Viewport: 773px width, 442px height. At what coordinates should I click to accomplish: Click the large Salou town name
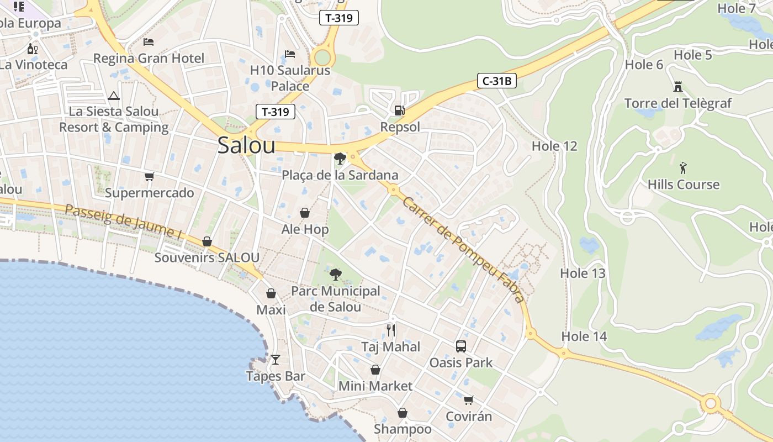pos(246,145)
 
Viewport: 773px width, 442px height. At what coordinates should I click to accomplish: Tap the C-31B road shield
pos(496,81)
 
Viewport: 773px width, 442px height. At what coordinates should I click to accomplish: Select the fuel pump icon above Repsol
pos(399,110)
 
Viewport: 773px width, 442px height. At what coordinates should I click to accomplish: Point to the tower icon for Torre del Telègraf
pos(678,87)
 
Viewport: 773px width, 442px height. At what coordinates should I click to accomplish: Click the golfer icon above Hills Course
pos(684,168)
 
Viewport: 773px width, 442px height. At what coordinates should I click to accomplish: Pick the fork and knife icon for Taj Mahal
pos(391,330)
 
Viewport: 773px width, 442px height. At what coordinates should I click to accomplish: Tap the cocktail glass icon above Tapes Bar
pos(276,360)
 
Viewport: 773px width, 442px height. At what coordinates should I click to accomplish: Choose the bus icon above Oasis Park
pos(461,346)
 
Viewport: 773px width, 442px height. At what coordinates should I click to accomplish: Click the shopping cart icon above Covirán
pos(468,399)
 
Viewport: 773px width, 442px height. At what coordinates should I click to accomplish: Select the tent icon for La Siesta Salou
pos(114,96)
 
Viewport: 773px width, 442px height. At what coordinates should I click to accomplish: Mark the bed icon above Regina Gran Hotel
pos(149,41)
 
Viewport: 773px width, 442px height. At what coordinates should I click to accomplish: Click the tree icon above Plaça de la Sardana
pos(340,159)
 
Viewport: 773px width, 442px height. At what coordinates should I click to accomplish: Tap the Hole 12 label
pos(554,146)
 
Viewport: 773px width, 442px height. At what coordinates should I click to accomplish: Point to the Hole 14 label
pos(584,336)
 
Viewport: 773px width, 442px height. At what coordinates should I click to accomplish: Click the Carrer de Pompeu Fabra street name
pos(463,249)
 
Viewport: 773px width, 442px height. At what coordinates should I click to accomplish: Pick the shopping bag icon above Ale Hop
pos(305,213)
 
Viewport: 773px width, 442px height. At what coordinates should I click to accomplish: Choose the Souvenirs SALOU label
pos(207,257)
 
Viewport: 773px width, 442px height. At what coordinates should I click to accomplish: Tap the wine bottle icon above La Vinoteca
pos(33,49)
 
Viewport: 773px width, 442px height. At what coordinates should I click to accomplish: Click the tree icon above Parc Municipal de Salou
pos(335,274)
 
